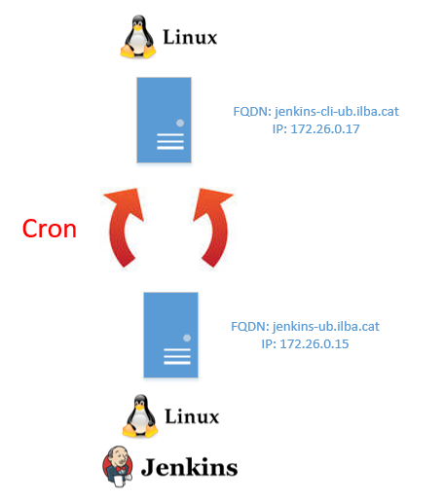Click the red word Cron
coord(50,229)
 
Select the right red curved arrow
coord(219,227)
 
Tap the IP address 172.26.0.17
coord(325,129)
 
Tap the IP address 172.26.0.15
coord(314,343)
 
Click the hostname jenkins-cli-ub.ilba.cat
coord(337,112)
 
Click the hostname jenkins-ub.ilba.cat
coord(326,326)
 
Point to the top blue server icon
coord(164,120)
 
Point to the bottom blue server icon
coord(170,335)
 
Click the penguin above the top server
coord(138,37)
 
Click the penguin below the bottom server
coord(140,415)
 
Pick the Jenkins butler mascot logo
coord(118,466)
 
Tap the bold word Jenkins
coord(189,467)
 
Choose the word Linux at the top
coord(190,37)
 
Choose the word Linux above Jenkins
coord(192,416)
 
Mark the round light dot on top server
coord(180,123)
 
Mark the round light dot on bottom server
coord(187,338)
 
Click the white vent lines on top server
coord(170,141)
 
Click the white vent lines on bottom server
coord(177,356)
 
